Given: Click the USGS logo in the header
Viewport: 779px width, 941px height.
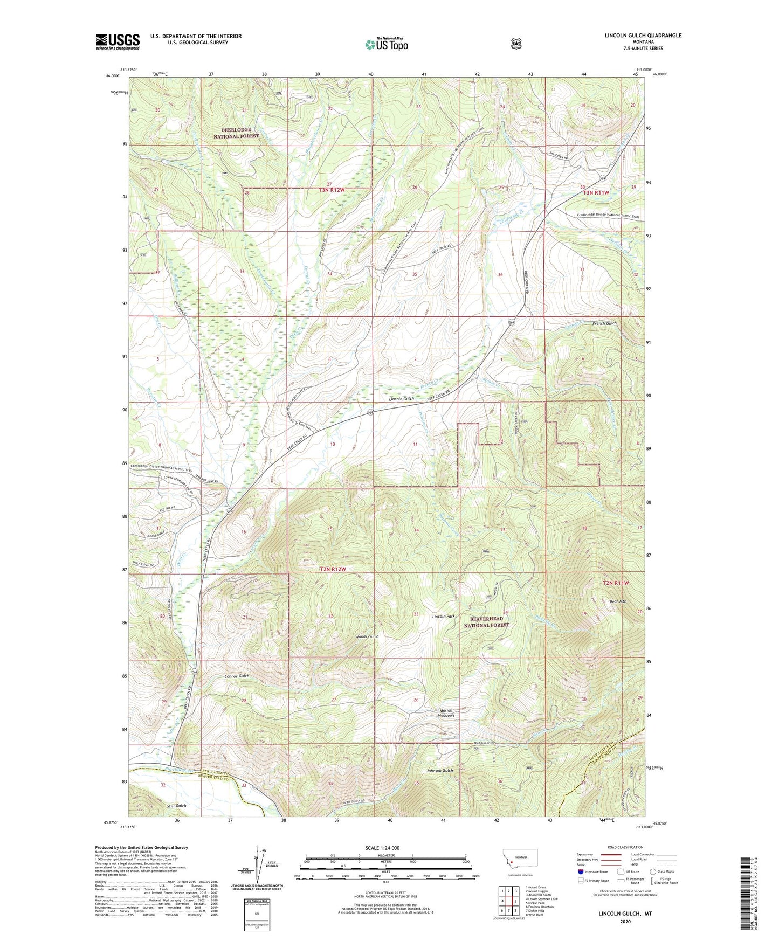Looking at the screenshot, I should coord(118,41).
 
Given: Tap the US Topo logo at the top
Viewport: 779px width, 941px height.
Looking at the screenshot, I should coord(386,44).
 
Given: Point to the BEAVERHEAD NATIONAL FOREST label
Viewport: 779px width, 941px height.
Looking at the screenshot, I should coord(486,621).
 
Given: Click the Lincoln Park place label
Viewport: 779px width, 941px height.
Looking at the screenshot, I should coord(443,616).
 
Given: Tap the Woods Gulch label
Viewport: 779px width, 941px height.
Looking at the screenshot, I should coord(367,636).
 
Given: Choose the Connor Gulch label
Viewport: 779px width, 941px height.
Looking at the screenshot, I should coord(237,676).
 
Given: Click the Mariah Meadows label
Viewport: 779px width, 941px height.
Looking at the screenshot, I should coord(446,712).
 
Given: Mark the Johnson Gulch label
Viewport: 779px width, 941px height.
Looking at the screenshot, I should coord(440,771).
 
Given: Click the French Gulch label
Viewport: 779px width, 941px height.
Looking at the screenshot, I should coord(604,323).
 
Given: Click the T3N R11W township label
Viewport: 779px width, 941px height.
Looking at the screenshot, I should coord(595,192).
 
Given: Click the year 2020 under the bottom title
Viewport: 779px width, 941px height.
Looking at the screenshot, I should coord(625,921).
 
